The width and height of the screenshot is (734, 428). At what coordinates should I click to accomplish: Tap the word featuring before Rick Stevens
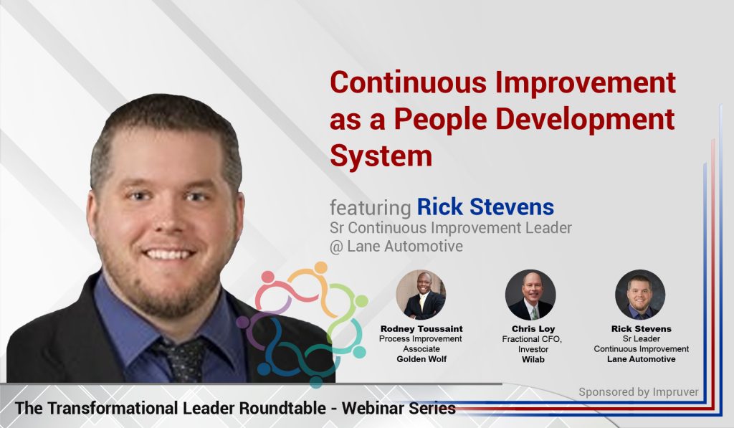point(370,208)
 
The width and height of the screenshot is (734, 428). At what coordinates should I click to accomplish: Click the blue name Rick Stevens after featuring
point(485,207)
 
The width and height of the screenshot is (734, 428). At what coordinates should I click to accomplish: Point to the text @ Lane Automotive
point(396,246)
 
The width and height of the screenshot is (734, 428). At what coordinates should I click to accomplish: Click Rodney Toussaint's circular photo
point(421,294)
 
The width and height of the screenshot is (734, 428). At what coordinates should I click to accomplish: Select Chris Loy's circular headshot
point(530,294)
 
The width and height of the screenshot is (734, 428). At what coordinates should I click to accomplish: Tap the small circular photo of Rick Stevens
point(640,294)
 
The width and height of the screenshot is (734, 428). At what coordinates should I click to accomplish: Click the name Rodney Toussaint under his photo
point(421,328)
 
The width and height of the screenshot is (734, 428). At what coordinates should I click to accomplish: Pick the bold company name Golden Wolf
point(421,359)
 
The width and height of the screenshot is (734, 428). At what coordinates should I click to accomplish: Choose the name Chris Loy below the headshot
point(530,328)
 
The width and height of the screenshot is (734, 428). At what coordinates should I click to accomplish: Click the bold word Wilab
point(530,359)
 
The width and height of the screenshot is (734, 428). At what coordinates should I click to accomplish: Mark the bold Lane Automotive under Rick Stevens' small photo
point(641,359)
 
